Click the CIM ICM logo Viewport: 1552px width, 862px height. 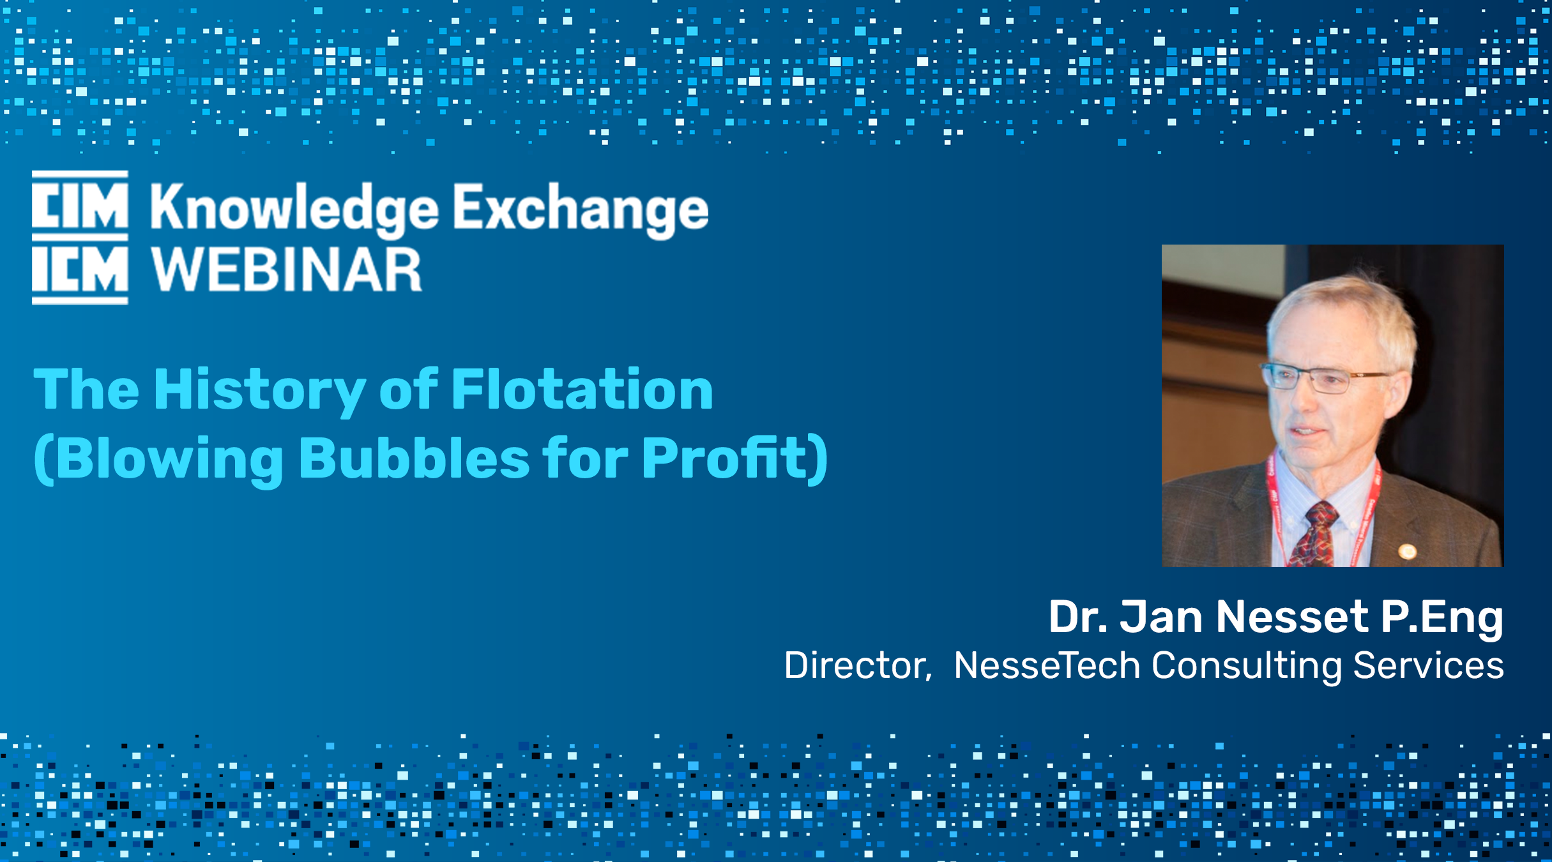[80, 238]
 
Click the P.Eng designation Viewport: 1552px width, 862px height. [1442, 618]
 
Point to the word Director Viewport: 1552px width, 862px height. [858, 665]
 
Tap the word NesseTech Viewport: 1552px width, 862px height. [1047, 665]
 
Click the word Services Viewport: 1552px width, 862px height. [1429, 665]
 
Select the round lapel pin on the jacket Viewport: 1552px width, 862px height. [1407, 551]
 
